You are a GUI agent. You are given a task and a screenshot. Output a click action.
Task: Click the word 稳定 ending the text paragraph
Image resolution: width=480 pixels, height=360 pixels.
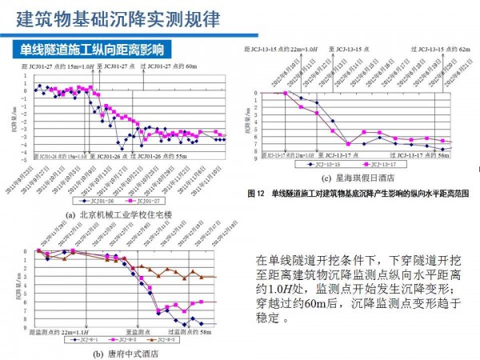[x=267, y=318]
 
